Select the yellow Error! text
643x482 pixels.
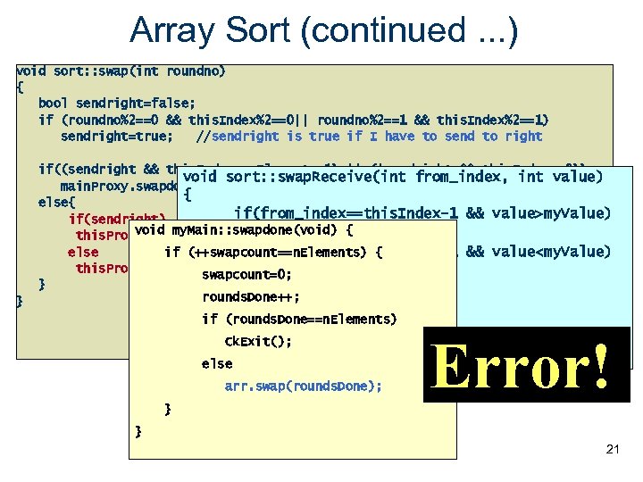coord(524,366)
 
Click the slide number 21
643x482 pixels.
coord(612,449)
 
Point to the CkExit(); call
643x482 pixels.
coord(258,341)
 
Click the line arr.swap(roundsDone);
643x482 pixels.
coord(303,386)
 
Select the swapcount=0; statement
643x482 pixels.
coord(246,274)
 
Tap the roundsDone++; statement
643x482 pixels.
coord(251,296)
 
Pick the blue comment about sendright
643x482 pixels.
coord(370,136)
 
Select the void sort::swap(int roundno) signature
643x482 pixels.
coord(121,71)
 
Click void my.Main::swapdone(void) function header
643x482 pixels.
coord(243,230)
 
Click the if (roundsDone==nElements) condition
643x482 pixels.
coord(299,319)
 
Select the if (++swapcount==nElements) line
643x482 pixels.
coord(273,252)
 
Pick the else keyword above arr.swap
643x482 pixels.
coord(217,363)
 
